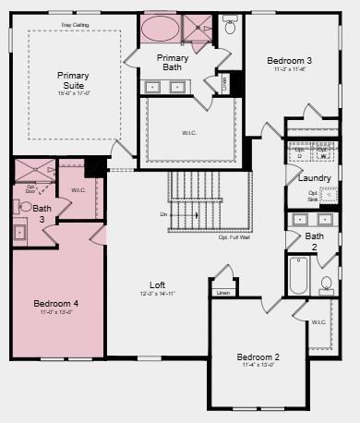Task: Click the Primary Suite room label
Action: [72, 80]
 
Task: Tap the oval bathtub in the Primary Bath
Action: [161, 28]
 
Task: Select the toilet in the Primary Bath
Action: [231, 28]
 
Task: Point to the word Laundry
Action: [315, 177]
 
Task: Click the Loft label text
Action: [158, 284]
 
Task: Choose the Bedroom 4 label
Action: [56, 303]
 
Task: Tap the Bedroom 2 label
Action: [258, 357]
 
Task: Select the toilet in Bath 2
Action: [327, 284]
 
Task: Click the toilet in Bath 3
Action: [25, 208]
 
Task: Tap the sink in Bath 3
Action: [19, 233]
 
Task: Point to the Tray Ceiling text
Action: [74, 25]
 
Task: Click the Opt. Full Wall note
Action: [235, 237]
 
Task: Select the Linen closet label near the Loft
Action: [222, 293]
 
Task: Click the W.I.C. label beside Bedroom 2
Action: [318, 322]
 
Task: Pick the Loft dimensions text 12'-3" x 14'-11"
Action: [157, 294]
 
